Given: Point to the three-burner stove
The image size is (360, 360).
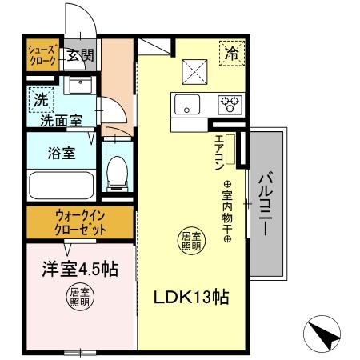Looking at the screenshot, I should [x=230, y=104].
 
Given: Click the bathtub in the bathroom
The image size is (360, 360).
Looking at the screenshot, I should [x=60, y=186].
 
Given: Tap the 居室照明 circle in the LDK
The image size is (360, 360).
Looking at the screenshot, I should [x=190, y=241].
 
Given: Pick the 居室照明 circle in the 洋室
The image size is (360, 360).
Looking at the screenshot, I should [x=78, y=297].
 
